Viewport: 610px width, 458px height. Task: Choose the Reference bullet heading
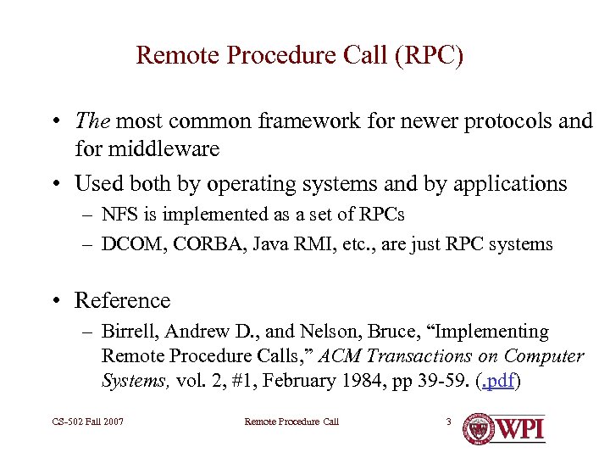coord(122,300)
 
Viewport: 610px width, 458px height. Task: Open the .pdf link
coord(497,381)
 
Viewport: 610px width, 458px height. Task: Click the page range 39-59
coord(443,381)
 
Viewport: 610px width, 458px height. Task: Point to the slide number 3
coord(449,422)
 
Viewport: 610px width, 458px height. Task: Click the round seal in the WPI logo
coord(481,428)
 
